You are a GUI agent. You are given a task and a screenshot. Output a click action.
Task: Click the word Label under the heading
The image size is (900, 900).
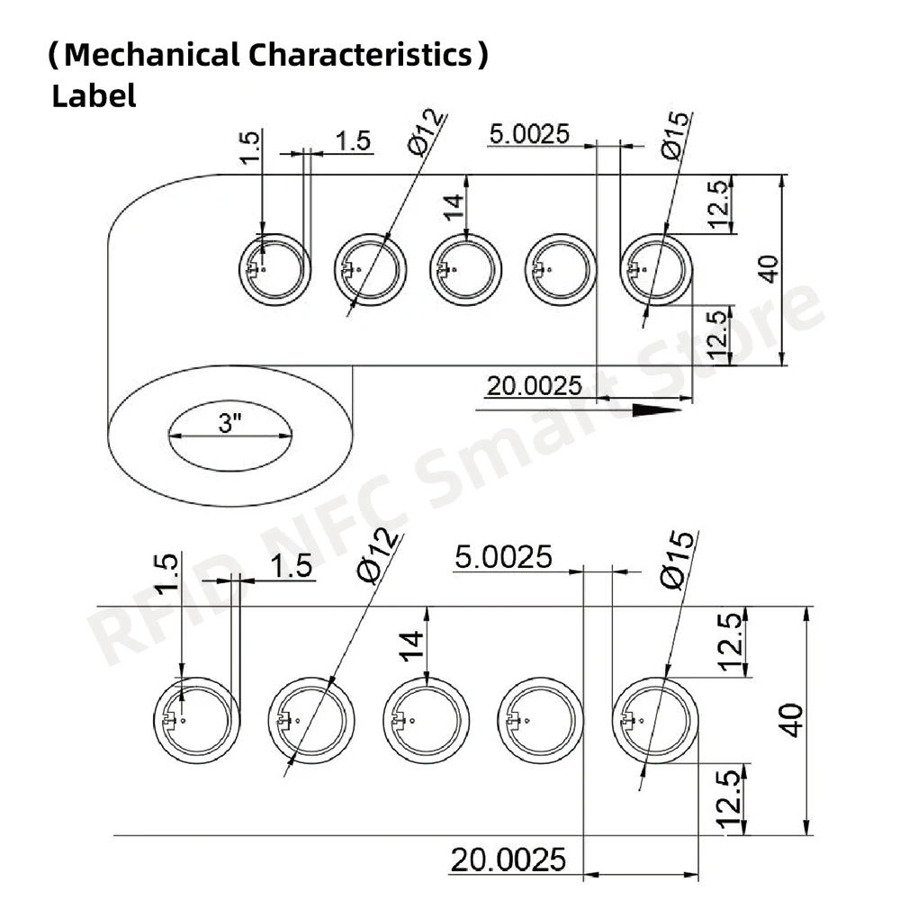click(x=94, y=95)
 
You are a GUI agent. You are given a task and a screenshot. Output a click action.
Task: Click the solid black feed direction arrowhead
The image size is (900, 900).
click(x=658, y=410)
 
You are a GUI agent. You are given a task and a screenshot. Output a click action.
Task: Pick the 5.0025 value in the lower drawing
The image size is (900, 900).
click(x=503, y=557)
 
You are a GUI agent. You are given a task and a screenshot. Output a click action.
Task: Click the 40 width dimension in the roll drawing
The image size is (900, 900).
click(x=768, y=269)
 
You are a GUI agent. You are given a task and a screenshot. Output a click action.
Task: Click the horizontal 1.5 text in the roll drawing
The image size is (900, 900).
click(x=353, y=140)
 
